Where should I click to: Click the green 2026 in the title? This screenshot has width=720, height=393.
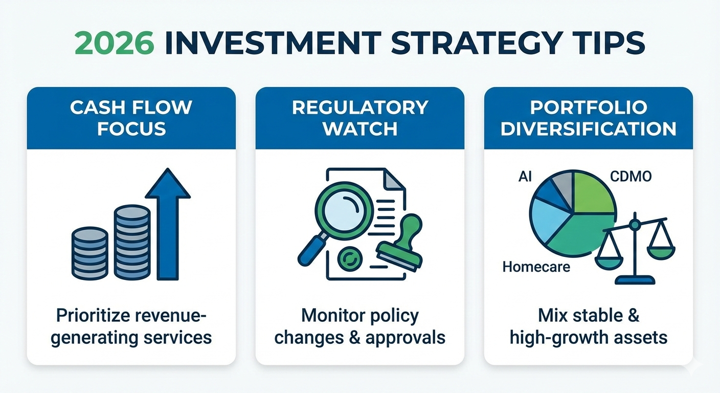115,43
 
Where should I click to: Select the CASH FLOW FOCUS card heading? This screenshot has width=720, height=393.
131,118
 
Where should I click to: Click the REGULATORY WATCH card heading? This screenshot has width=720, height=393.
360,118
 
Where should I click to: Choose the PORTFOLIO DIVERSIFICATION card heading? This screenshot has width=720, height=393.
589,118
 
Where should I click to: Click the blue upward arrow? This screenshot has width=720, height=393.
168,224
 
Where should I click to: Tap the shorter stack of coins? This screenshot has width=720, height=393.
89,253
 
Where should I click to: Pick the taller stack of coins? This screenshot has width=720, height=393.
132,242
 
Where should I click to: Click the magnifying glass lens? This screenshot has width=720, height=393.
344,210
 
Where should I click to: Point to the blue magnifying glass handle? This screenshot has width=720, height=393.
312,250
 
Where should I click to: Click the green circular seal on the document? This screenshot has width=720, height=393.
350,258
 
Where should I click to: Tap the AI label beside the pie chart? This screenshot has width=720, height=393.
525,177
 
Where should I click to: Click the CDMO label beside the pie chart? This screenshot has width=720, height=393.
631,177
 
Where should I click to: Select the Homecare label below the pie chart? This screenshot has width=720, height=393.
536,267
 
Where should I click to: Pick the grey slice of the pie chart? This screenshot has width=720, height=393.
564,187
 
